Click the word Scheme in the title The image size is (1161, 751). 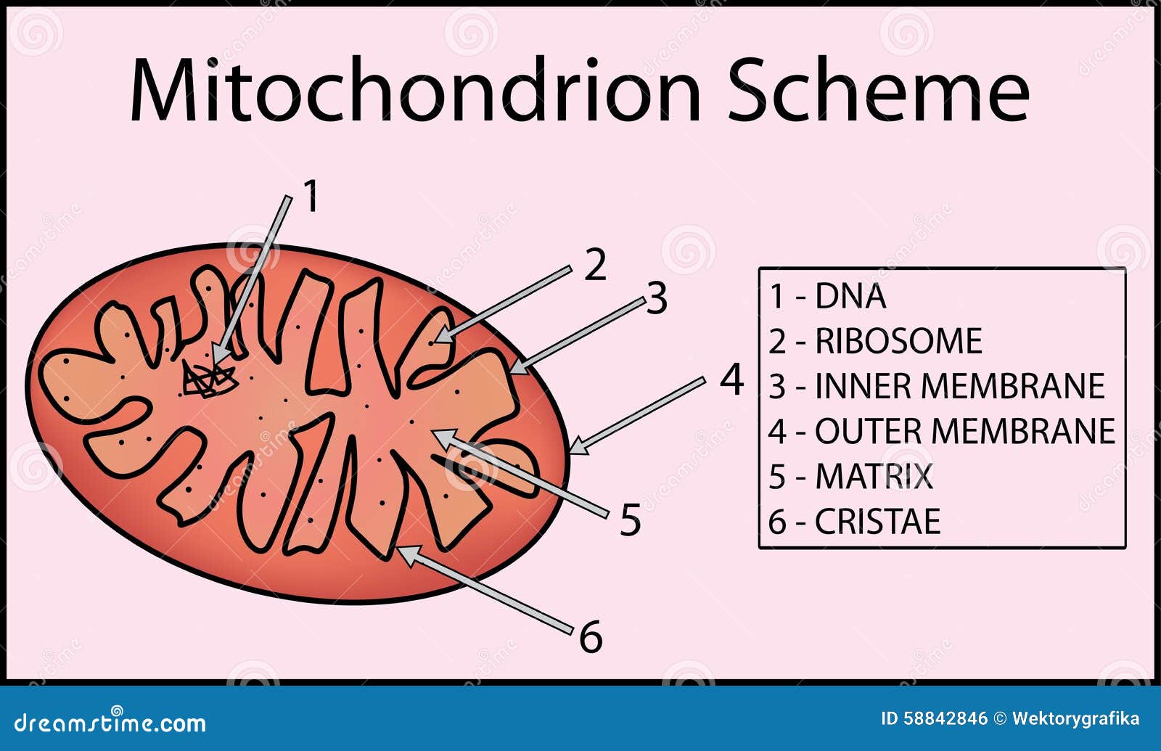[879, 90]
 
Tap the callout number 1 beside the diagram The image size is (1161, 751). [311, 196]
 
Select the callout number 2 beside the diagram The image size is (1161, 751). [595, 264]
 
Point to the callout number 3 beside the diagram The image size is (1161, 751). [656, 298]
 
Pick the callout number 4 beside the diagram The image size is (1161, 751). [732, 379]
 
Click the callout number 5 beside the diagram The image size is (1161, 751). [631, 520]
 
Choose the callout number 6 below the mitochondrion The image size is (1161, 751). [591, 636]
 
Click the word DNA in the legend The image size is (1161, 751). [850, 296]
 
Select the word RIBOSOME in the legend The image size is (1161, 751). [899, 341]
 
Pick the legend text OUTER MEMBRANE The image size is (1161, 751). [965, 431]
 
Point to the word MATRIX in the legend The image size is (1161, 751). [874, 476]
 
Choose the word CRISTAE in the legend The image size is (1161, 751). [878, 522]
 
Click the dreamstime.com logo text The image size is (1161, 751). [110, 721]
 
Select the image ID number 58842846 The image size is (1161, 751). [945, 719]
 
